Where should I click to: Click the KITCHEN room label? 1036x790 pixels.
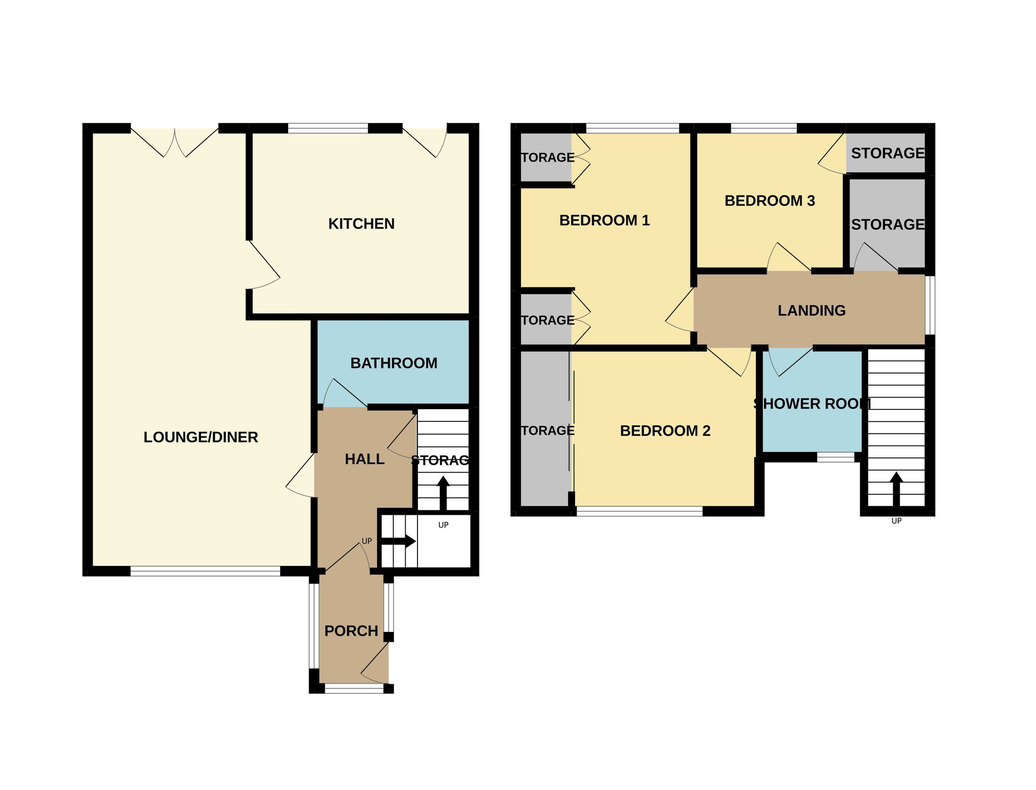click(x=361, y=224)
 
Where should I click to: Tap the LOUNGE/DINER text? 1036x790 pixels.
click(x=201, y=437)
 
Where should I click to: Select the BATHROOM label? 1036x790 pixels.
click(x=394, y=363)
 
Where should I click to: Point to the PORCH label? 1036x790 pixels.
click(x=351, y=631)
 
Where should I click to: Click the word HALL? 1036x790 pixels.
click(x=364, y=460)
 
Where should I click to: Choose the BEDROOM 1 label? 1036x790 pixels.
click(x=604, y=220)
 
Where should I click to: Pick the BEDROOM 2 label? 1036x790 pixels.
click(x=665, y=431)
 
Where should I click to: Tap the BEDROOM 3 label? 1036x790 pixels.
click(x=770, y=201)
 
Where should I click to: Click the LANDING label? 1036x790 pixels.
click(x=811, y=311)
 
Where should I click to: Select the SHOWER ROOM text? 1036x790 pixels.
click(x=812, y=403)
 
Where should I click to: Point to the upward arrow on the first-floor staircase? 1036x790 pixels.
click(x=896, y=489)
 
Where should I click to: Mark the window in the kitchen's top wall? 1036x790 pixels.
click(x=327, y=128)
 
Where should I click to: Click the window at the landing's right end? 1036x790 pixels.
click(x=930, y=305)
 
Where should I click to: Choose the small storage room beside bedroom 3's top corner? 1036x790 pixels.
click(x=887, y=153)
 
